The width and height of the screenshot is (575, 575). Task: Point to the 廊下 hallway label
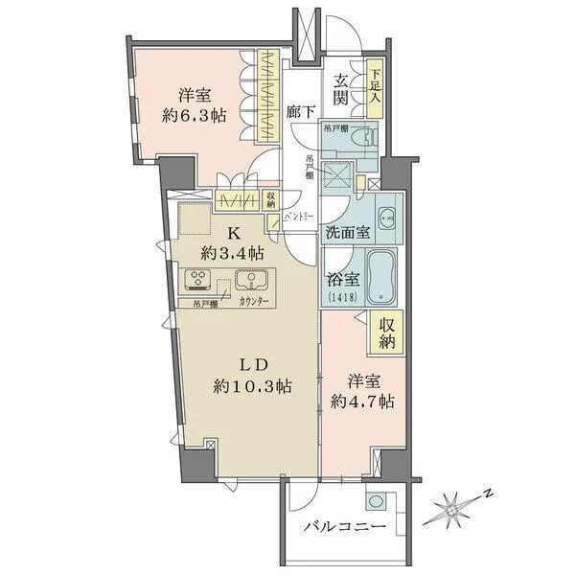300,112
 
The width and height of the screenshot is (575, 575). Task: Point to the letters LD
257,364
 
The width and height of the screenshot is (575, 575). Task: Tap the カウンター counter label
254,303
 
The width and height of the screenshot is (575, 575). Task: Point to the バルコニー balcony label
344,528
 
